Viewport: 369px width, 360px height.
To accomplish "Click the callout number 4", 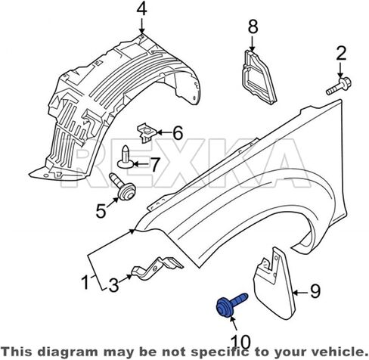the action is pos(141,10).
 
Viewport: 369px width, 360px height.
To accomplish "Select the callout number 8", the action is pos(253,26).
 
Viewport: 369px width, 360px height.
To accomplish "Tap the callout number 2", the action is pos(341,54).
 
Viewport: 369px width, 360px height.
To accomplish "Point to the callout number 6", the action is pos(178,133).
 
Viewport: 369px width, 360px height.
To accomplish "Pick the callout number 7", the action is pos(155,164).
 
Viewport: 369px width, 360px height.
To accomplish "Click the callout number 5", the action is pos(101,211).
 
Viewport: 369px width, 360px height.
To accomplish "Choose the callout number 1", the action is pos(85,282).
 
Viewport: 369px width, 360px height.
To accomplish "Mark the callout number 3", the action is pos(113,286).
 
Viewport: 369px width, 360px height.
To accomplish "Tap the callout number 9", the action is pos(315,291).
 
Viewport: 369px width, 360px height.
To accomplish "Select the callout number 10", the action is pos(241,342).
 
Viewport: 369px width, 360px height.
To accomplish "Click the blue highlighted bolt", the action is pos(232,305).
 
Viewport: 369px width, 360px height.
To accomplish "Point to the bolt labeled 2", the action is pos(339,86).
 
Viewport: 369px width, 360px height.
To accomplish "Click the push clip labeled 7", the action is pos(126,157).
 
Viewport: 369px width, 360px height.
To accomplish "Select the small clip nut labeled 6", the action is pos(146,132).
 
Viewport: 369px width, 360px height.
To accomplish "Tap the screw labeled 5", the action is pos(122,187).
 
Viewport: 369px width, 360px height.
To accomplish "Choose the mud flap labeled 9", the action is pos(274,284).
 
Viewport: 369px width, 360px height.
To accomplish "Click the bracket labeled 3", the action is pos(157,268).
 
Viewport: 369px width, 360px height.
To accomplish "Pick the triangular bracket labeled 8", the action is pos(259,77).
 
